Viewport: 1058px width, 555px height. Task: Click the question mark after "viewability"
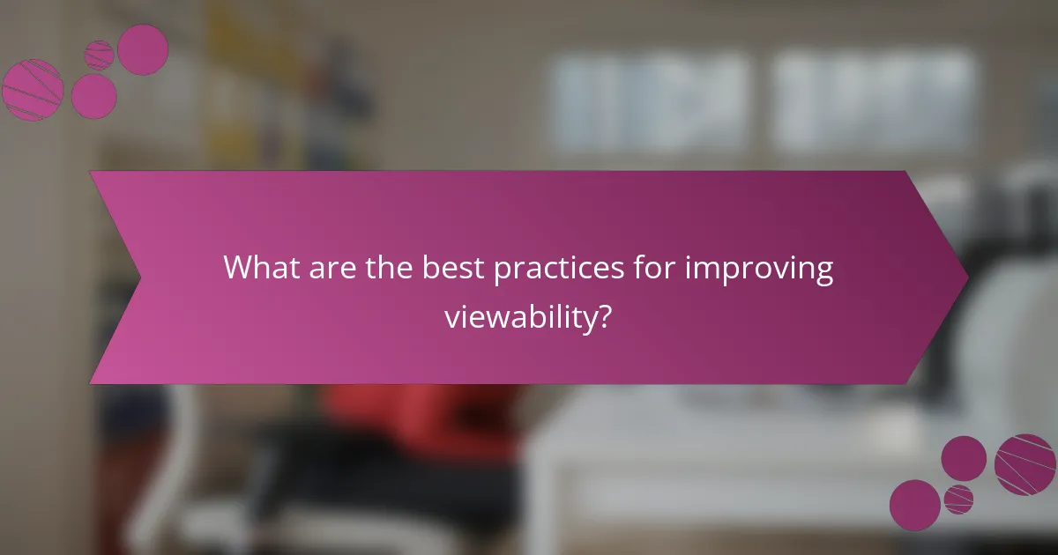point(604,316)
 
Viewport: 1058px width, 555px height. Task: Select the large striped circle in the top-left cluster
point(33,89)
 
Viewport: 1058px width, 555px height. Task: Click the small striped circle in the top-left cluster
point(99,55)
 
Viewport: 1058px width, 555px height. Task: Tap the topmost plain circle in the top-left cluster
point(143,49)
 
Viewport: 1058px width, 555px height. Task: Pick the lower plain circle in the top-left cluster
point(93,96)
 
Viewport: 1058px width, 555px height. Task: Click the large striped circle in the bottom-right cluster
point(1025,464)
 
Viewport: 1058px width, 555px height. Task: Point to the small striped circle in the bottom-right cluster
point(958,499)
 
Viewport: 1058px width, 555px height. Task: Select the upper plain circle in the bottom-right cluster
point(964,458)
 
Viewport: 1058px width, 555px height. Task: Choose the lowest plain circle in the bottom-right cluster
point(914,505)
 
